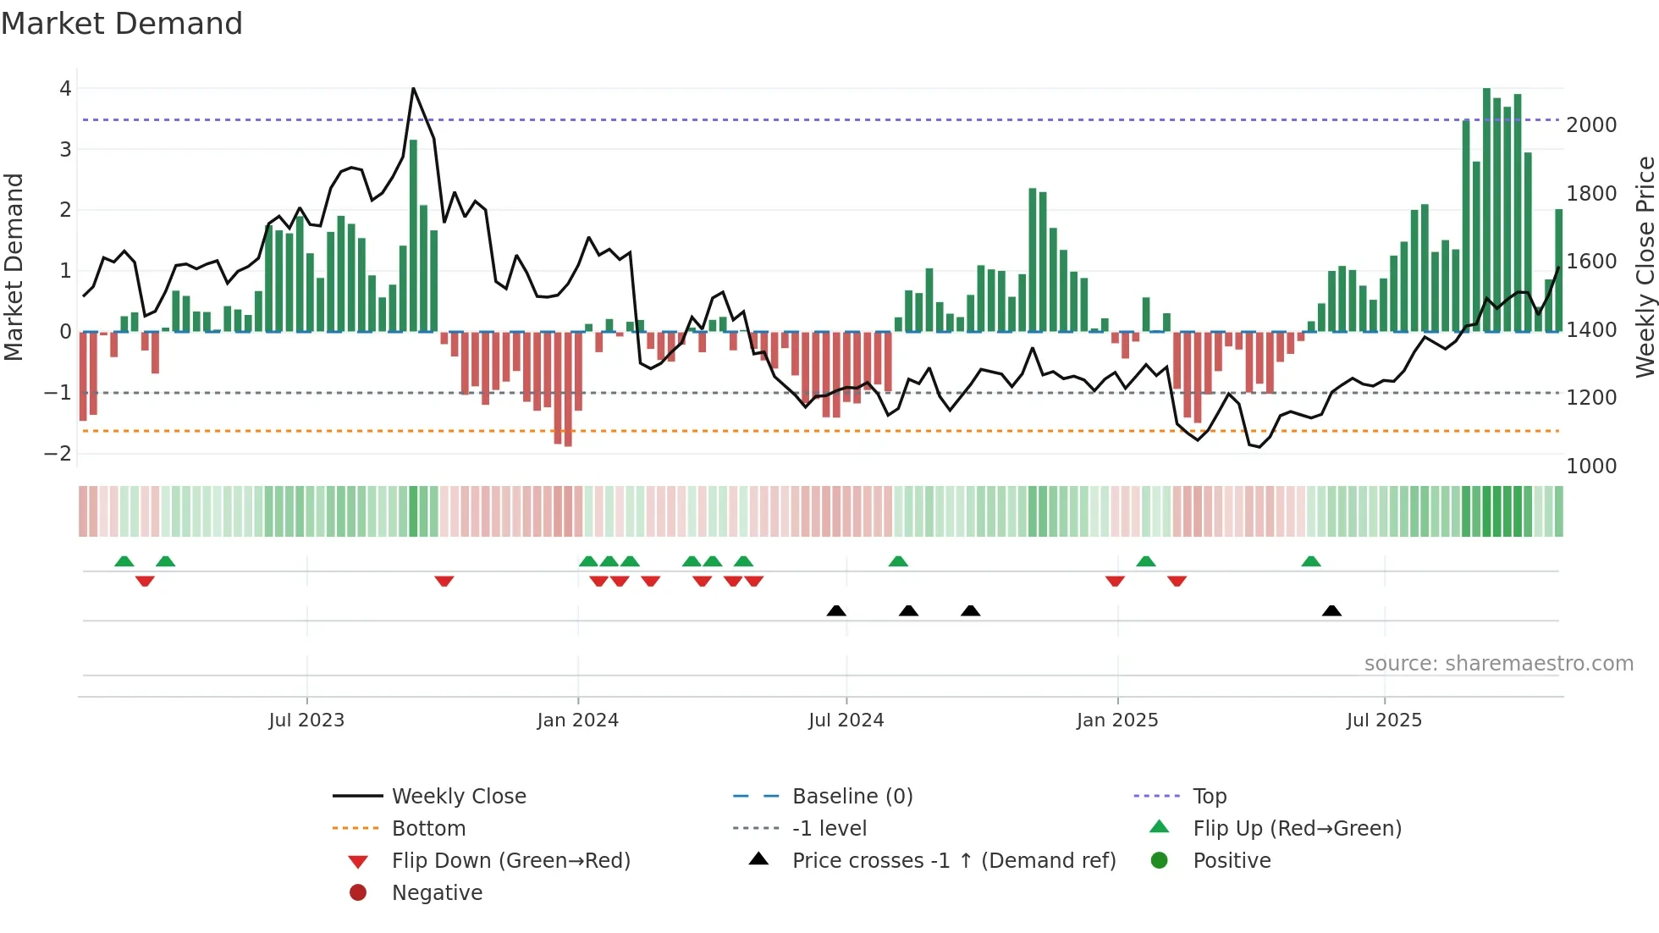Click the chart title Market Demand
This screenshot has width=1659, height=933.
[x=122, y=24]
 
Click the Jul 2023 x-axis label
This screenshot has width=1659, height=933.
[x=306, y=720]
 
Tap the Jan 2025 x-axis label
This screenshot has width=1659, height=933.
[x=1117, y=720]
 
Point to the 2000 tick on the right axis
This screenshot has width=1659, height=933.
[x=1591, y=125]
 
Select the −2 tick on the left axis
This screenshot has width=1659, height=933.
[x=58, y=454]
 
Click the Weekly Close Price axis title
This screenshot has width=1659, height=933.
[x=1645, y=267]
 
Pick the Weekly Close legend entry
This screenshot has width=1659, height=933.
[x=458, y=797]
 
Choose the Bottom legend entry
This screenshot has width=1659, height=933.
[x=428, y=829]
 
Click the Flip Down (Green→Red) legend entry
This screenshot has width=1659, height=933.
[x=510, y=861]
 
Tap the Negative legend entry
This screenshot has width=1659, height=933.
[x=437, y=893]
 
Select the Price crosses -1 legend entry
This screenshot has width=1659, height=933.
[x=954, y=861]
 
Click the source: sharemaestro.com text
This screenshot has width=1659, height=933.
[x=1498, y=664]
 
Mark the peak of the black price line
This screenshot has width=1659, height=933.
[x=413, y=88]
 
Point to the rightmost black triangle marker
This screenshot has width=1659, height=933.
[x=1331, y=610]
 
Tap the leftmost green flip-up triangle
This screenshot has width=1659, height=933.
[x=124, y=561]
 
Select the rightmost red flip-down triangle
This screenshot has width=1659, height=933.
[x=1177, y=581]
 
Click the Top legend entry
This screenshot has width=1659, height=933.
[x=1209, y=797]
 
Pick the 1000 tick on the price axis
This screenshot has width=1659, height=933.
[x=1591, y=466]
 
